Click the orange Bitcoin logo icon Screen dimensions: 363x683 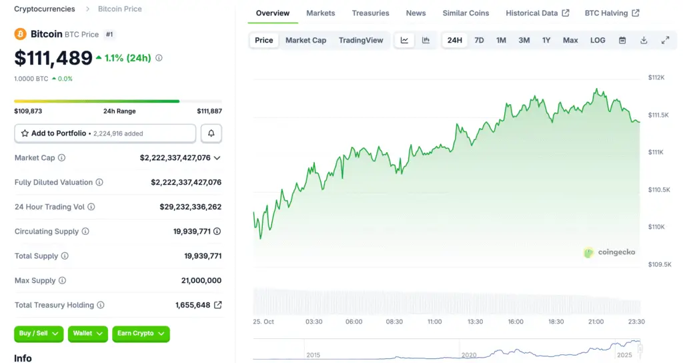point(21,34)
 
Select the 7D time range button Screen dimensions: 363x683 point(479,40)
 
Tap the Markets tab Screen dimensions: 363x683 point(321,13)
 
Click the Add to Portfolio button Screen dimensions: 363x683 point(105,133)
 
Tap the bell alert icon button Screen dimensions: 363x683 point(211,133)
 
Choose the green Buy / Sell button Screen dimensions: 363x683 point(39,334)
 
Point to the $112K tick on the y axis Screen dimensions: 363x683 point(656,77)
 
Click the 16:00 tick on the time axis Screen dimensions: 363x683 point(516,322)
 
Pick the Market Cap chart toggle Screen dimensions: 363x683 point(306,40)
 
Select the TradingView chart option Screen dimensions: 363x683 point(361,40)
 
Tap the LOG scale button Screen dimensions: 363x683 point(598,40)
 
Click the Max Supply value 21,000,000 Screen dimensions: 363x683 point(201,281)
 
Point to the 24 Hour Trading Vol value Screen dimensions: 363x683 point(190,207)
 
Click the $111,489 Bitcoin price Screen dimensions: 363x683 point(53,58)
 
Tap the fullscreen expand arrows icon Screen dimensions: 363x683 point(665,40)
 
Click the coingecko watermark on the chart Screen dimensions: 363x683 point(610,252)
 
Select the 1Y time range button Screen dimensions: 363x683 point(546,40)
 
